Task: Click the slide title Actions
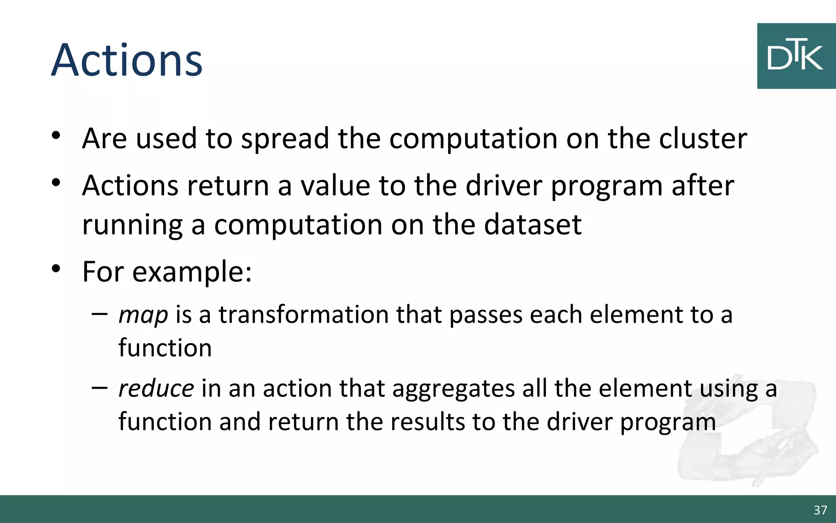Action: [127, 60]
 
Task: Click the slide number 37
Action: [820, 510]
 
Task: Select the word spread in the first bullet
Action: [285, 139]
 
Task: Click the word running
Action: [132, 226]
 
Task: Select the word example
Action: [191, 272]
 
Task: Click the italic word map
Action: [143, 315]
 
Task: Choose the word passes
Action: [486, 315]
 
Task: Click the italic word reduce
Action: [156, 389]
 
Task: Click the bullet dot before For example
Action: [56, 269]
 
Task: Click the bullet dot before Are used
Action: [56, 135]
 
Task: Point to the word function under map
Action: [165, 348]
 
